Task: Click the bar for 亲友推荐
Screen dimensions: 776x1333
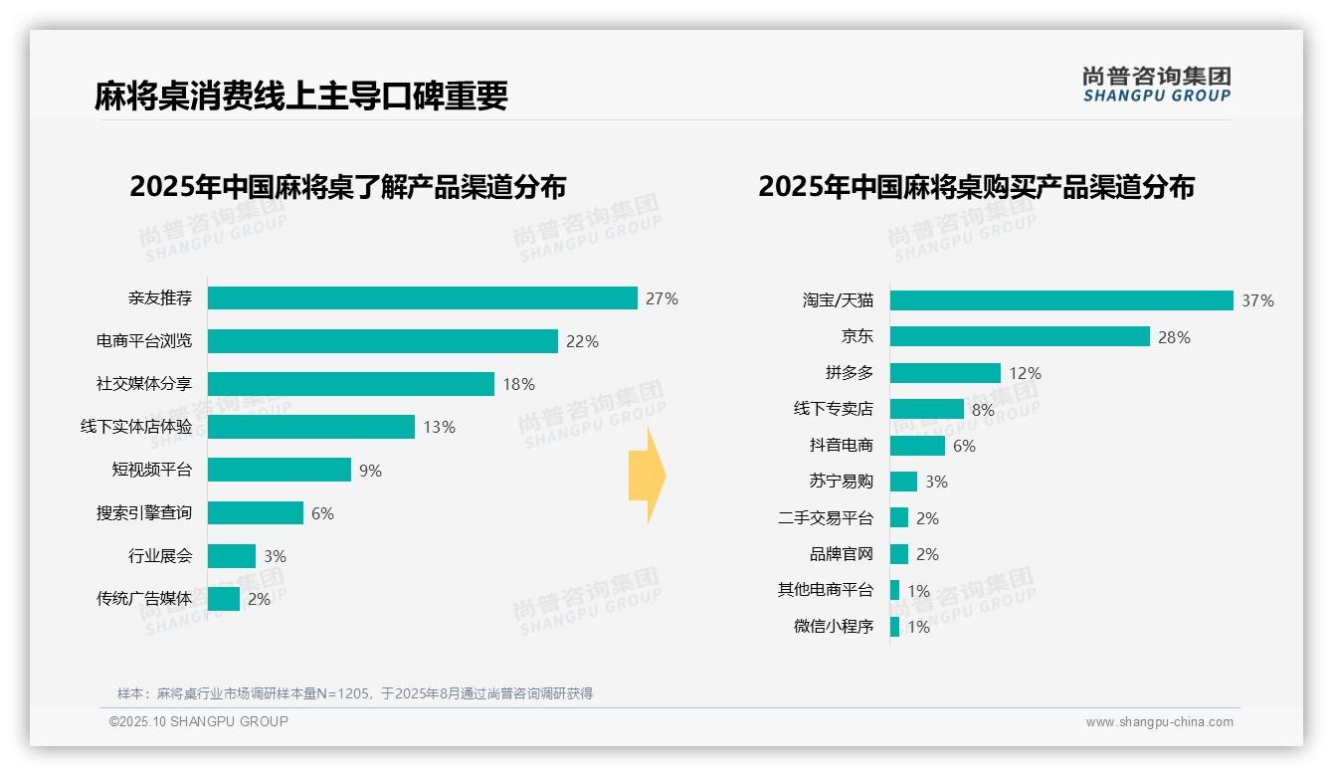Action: (x=422, y=298)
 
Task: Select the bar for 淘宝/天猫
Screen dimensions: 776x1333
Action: (x=1060, y=300)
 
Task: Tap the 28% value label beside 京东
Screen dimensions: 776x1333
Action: (x=1174, y=337)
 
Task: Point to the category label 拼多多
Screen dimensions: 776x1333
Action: (x=849, y=373)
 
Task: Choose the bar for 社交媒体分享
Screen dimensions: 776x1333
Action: (x=350, y=384)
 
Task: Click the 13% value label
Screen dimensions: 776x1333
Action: (x=439, y=427)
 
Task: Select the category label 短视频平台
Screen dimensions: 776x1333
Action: (x=151, y=470)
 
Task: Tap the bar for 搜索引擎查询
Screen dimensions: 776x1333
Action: (x=255, y=513)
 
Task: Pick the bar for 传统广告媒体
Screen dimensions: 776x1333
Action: (x=224, y=599)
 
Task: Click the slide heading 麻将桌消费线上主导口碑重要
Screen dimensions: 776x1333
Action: (x=301, y=96)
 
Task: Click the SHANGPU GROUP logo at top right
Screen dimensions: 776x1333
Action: (x=1156, y=85)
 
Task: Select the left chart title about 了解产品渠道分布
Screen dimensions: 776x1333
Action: (x=347, y=187)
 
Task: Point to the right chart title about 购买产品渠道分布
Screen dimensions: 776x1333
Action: (x=976, y=187)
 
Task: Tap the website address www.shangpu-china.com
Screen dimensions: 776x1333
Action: (x=1159, y=722)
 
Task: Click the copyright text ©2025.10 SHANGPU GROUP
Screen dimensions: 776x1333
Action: (x=199, y=721)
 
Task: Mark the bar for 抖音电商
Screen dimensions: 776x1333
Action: (x=916, y=446)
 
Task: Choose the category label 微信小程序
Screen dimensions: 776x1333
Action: (x=833, y=627)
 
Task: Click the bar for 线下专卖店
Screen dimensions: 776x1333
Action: (x=926, y=409)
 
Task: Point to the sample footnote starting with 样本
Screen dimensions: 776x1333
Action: (x=355, y=693)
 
